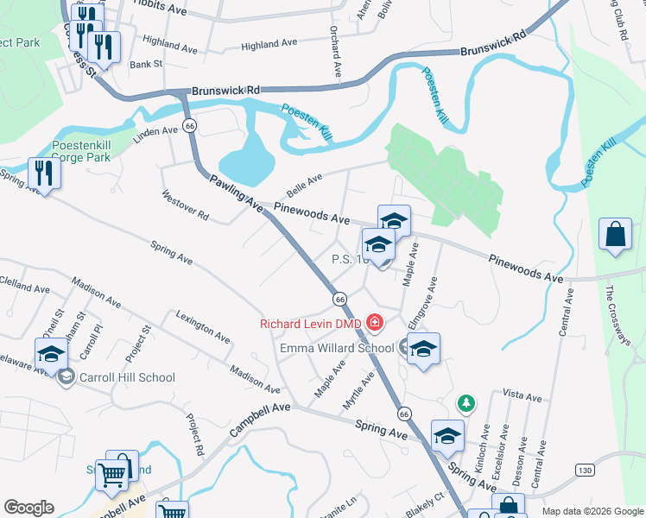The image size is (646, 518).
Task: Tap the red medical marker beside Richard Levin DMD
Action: [375, 324]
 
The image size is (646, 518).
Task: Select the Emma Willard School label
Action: [337, 348]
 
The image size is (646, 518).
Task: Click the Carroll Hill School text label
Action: [127, 377]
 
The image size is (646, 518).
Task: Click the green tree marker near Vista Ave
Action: [465, 403]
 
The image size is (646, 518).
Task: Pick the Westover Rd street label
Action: [184, 203]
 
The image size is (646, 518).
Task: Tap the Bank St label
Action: [146, 64]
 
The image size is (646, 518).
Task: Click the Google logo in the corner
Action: [29, 508]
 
